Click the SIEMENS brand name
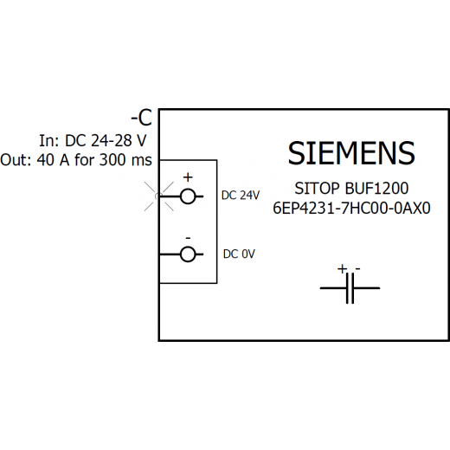point(351,153)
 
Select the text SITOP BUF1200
point(351,189)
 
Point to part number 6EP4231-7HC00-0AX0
point(351,208)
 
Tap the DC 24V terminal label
point(241,196)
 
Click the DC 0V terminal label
point(239,254)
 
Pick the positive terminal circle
point(188,196)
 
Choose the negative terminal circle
point(188,254)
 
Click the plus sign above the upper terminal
point(188,177)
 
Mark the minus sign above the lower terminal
point(188,238)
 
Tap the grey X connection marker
point(159,196)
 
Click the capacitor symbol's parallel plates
point(350,288)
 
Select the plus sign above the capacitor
point(342,269)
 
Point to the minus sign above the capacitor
point(357,269)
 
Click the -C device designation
point(141,118)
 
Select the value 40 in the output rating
point(46,160)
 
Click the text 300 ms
point(125,160)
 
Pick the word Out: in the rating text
point(16,160)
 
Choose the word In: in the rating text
point(49,140)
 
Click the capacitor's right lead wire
point(367,288)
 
